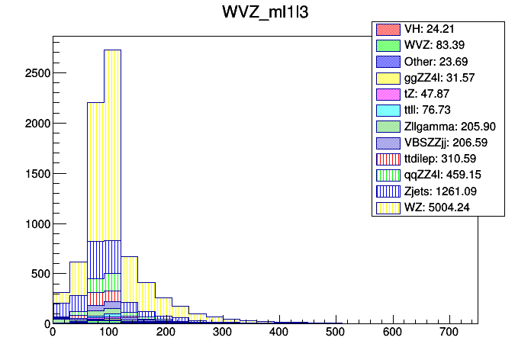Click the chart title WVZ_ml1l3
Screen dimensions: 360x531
click(265, 13)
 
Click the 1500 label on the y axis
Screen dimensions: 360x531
click(34, 173)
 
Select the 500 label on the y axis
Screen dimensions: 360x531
click(37, 273)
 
